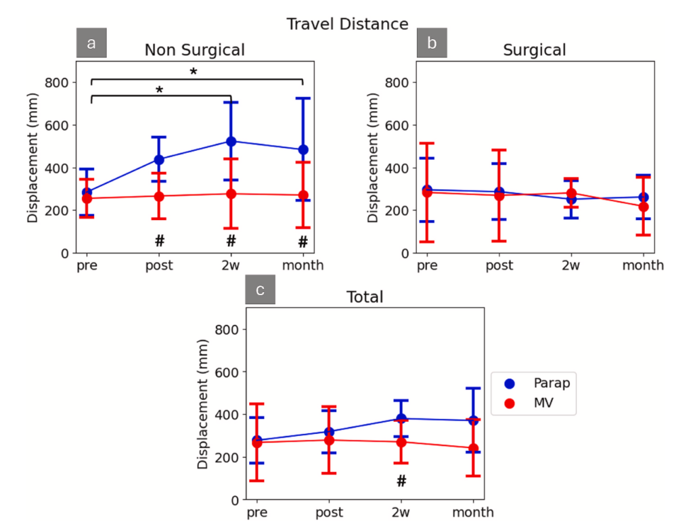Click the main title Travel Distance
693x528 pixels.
(x=347, y=24)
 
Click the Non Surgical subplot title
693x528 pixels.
(x=194, y=50)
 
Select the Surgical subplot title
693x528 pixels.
(x=535, y=50)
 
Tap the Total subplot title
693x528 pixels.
(x=365, y=297)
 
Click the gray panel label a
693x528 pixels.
(x=91, y=44)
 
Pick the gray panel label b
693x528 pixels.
(x=431, y=44)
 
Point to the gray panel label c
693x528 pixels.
(x=261, y=291)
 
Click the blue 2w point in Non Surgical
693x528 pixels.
(x=231, y=141)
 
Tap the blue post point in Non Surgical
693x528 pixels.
(x=159, y=160)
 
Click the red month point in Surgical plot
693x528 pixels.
(x=643, y=206)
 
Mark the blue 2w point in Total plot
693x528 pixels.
(x=401, y=418)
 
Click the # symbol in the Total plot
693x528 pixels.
(x=401, y=481)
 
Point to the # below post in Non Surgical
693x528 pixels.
(x=160, y=240)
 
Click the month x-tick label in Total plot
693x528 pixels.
(x=473, y=512)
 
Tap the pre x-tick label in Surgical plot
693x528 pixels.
(x=427, y=266)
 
